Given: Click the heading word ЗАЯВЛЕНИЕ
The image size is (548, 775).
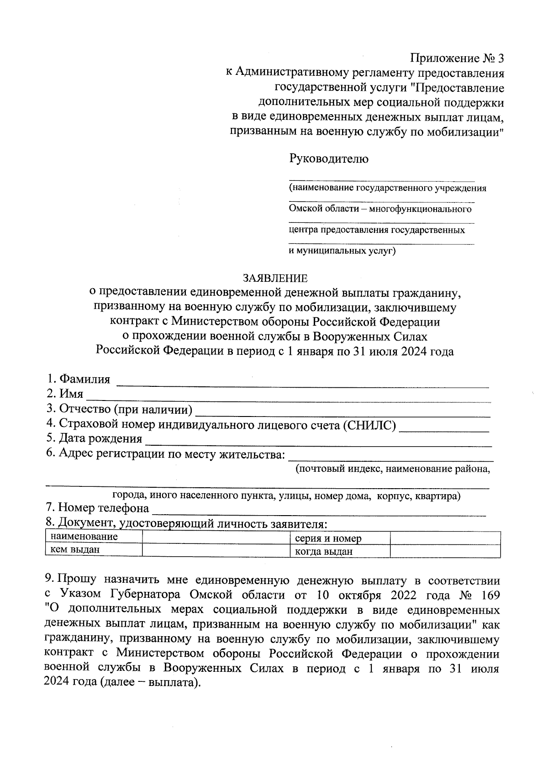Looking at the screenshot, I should pos(275,278).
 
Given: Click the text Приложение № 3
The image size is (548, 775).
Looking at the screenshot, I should pos(457,58).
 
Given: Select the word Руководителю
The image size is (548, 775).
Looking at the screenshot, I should pos(329,159).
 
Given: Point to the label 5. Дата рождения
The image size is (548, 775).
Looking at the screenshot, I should pos(94,439).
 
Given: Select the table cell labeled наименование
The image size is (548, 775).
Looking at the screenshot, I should pos(84,537).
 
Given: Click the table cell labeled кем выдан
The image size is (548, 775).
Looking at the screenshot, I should pos(75,550).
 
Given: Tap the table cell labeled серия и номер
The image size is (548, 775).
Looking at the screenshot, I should pos(328,538).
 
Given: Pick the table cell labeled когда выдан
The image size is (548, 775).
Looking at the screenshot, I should pos(324,552).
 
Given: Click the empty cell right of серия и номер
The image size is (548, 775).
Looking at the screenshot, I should pos(445,538).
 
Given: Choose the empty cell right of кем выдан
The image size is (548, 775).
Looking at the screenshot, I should pos(216,550).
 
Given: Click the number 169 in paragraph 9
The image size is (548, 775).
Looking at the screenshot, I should pos(489,596).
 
